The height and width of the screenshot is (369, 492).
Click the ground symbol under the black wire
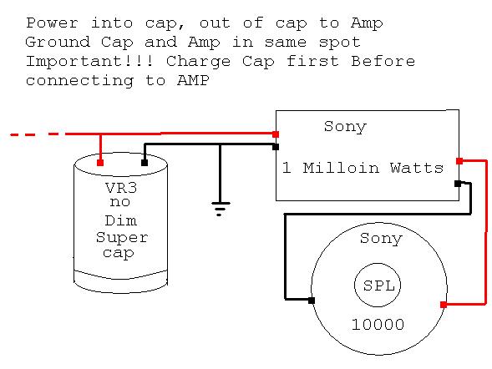(221, 209)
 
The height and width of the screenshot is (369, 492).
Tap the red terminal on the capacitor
(100, 163)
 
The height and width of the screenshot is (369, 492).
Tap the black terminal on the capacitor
(145, 163)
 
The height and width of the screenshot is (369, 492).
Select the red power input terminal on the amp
(276, 134)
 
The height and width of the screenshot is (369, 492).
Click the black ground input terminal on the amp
(276, 147)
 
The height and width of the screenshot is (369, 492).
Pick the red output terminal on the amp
(459, 161)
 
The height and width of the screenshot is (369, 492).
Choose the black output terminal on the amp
(458, 184)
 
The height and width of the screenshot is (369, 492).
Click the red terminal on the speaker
(444, 305)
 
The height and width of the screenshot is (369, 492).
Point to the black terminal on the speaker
(312, 301)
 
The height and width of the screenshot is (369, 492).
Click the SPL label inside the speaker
(378, 286)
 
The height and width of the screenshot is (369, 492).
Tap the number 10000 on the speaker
(378, 324)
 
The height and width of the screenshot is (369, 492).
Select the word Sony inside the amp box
(345, 127)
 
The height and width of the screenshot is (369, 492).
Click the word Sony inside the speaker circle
(381, 239)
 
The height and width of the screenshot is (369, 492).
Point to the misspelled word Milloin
(341, 168)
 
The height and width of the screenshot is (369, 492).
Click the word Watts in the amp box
(417, 168)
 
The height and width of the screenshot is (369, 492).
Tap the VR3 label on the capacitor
(121, 188)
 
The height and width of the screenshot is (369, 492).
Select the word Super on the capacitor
(122, 238)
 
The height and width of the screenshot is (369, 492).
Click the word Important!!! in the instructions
(89, 61)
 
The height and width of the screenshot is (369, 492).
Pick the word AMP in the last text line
(193, 80)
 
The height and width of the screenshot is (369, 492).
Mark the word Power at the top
(52, 23)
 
